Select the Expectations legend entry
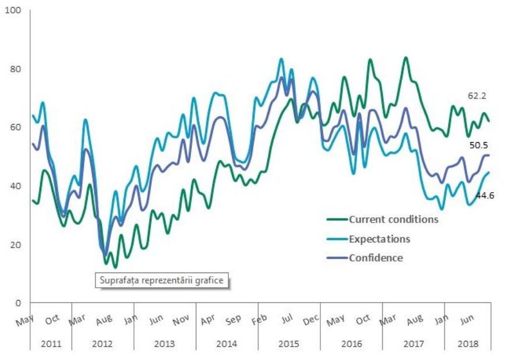pos(379,239)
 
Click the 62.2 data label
pos(478,96)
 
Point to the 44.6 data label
pos(485,196)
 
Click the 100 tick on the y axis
pos(13,11)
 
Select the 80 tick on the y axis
pos(15,69)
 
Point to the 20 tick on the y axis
pos(15,245)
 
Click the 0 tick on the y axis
pos(18,303)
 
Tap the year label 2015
pos(289,344)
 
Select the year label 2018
pos(468,344)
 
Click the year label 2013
pos(164,344)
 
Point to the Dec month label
pos(311,320)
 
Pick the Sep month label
pos(234,320)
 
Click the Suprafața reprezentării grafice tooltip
pos(161,280)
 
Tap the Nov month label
pos(181,320)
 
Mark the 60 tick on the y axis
pos(15,128)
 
